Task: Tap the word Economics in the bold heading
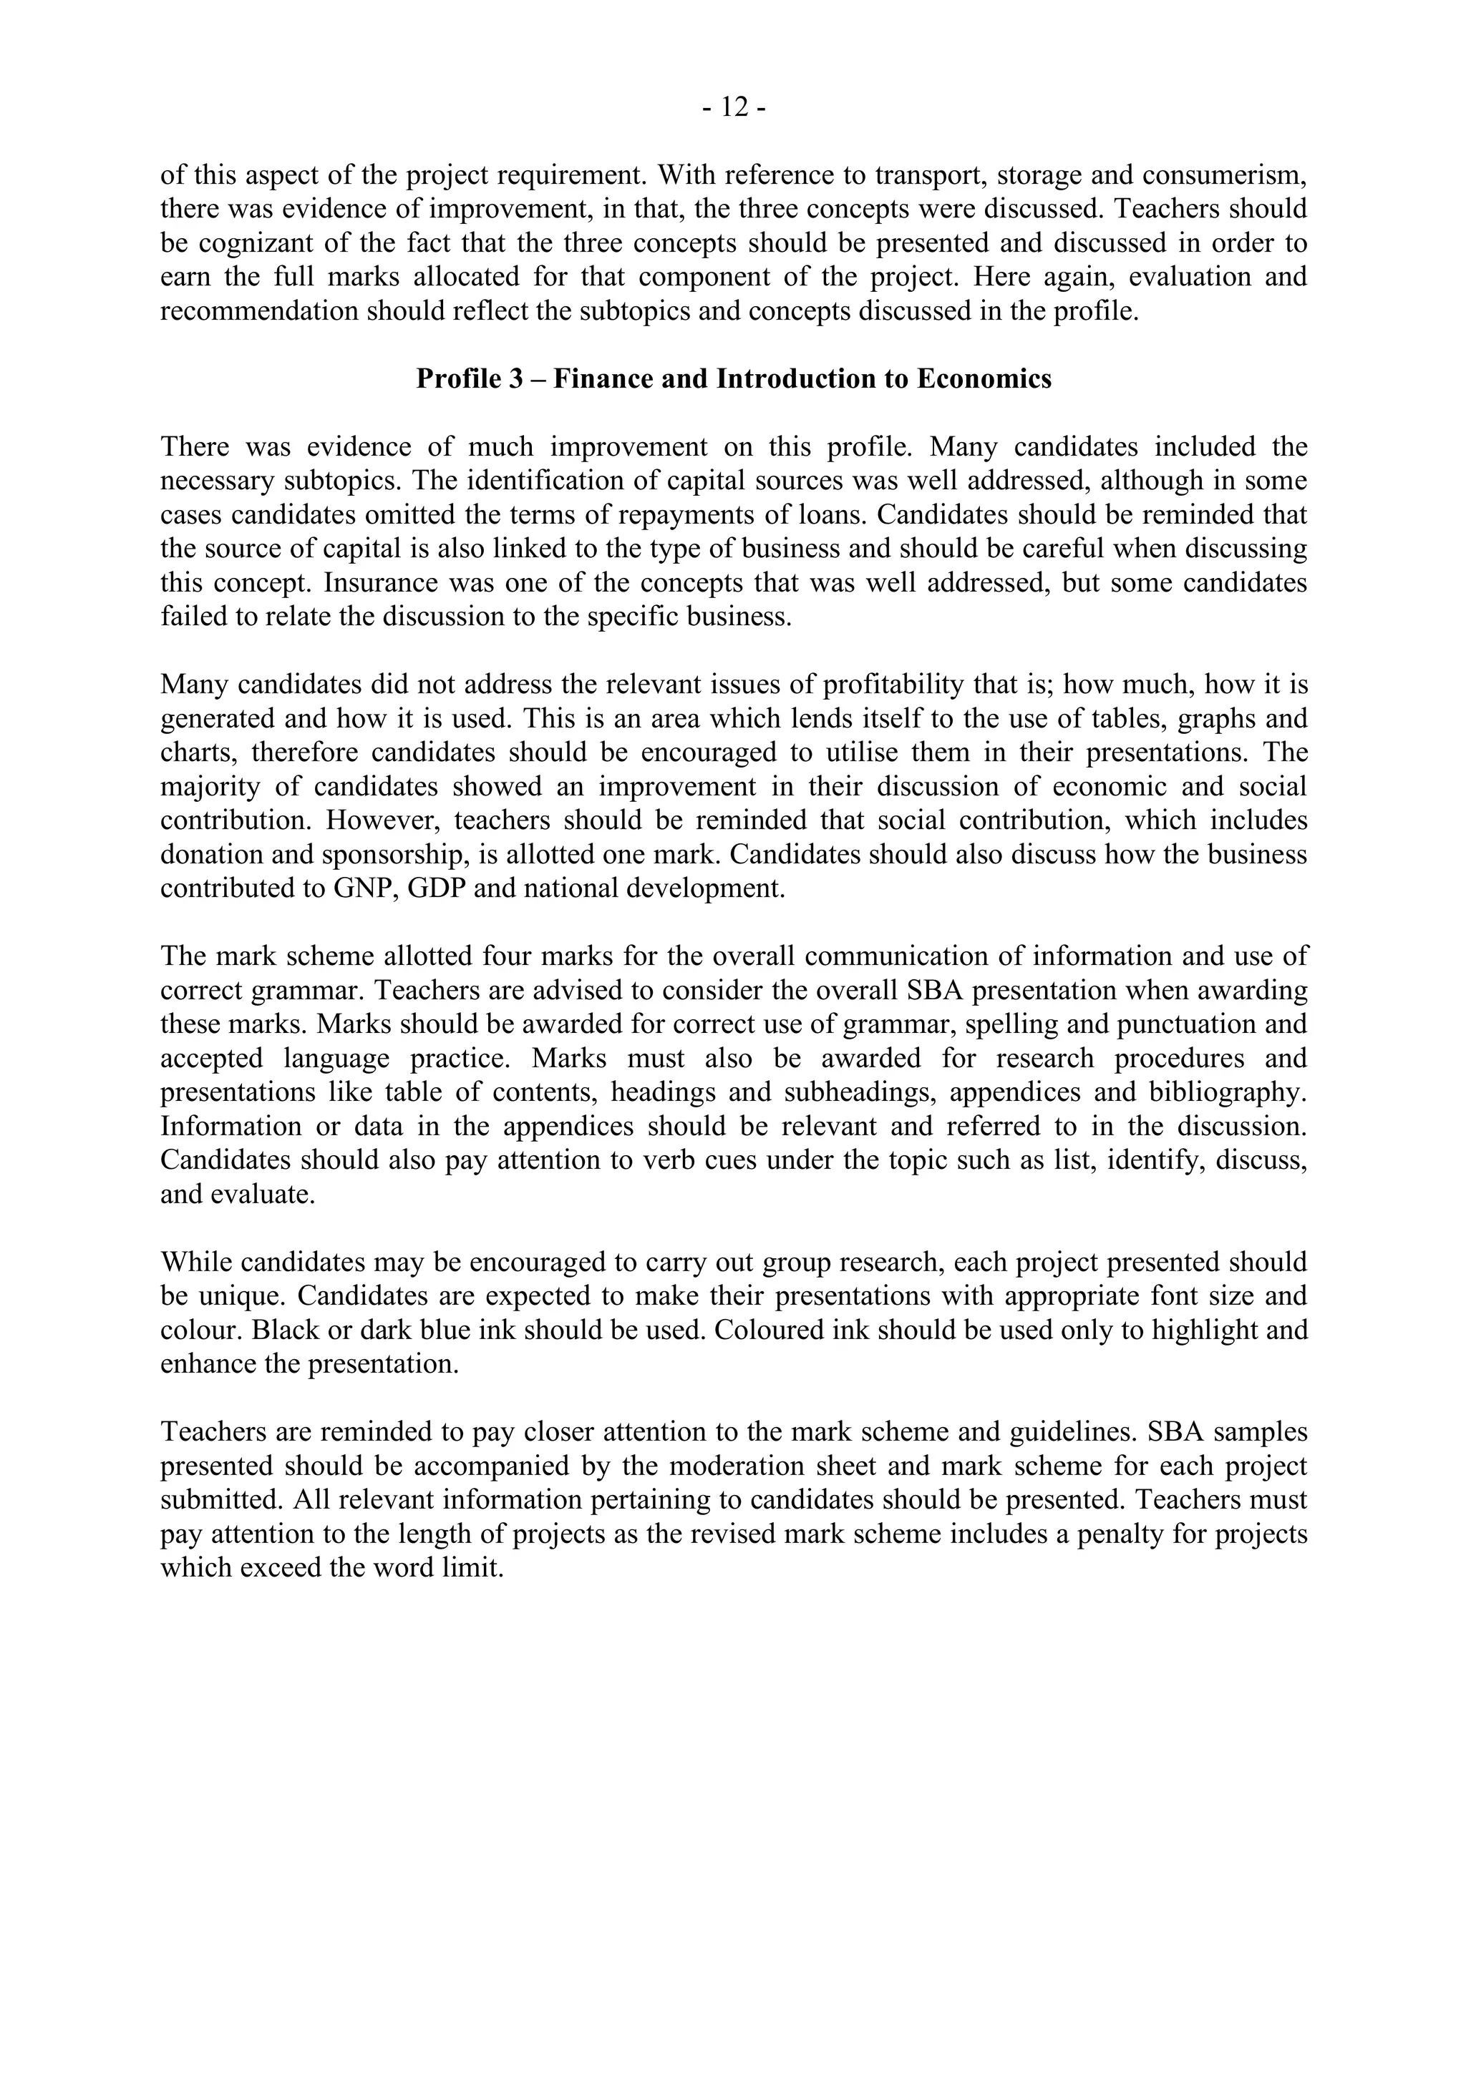pos(984,378)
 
